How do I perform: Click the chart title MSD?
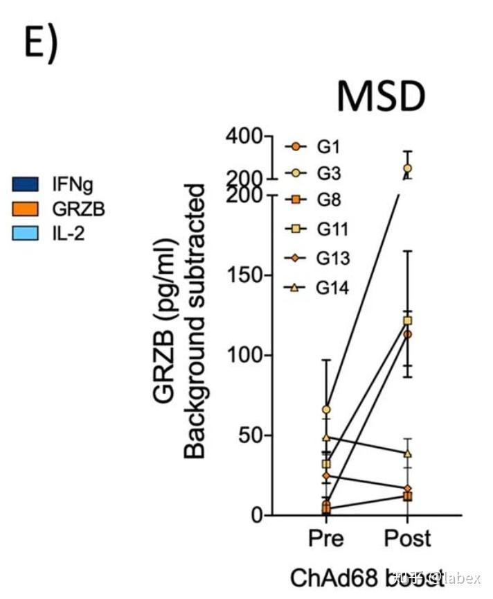coord(380,96)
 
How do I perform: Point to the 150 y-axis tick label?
coord(242,275)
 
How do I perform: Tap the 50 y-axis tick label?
coord(248,435)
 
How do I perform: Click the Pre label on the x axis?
coord(325,538)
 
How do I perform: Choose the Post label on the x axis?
coord(407,538)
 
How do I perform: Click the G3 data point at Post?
coord(407,168)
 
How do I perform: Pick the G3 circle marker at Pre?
coord(326,410)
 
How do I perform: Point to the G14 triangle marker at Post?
coord(407,453)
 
